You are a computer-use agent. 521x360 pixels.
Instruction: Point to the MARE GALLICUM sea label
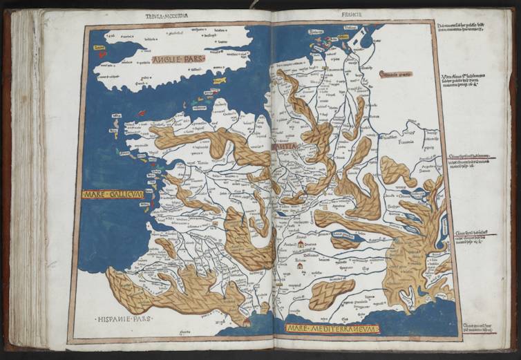click(x=113, y=195)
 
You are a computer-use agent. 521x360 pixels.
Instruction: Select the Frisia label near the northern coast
click(x=316, y=32)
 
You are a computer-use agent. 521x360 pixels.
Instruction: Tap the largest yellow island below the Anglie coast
click(x=220, y=82)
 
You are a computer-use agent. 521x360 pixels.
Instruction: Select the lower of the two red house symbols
click(x=299, y=265)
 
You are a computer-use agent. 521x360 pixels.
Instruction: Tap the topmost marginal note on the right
click(x=462, y=29)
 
